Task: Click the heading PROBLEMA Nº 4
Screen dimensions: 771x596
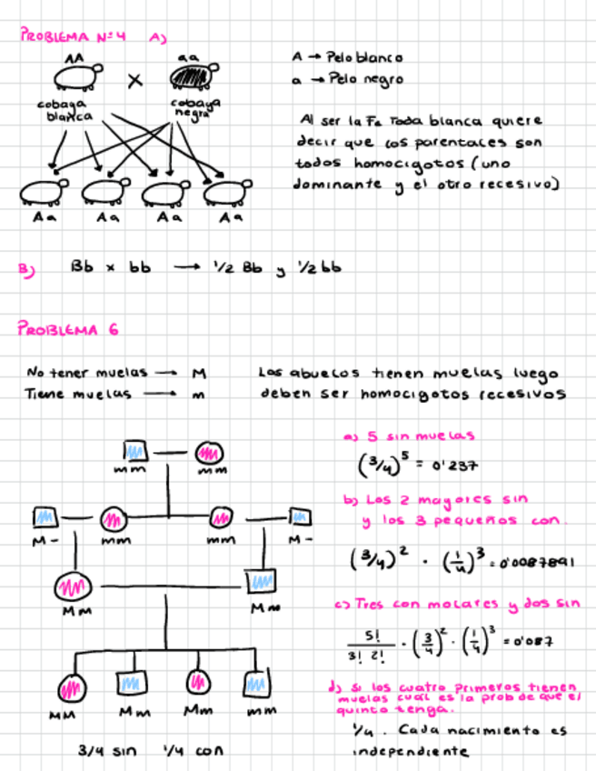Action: coord(73,37)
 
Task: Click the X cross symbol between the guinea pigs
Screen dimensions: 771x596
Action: coord(135,82)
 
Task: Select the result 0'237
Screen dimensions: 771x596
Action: coord(452,466)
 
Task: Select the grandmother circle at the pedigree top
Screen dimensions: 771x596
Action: coord(209,451)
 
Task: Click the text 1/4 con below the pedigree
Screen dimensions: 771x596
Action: coord(193,751)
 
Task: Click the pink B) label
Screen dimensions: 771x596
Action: coord(25,270)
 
